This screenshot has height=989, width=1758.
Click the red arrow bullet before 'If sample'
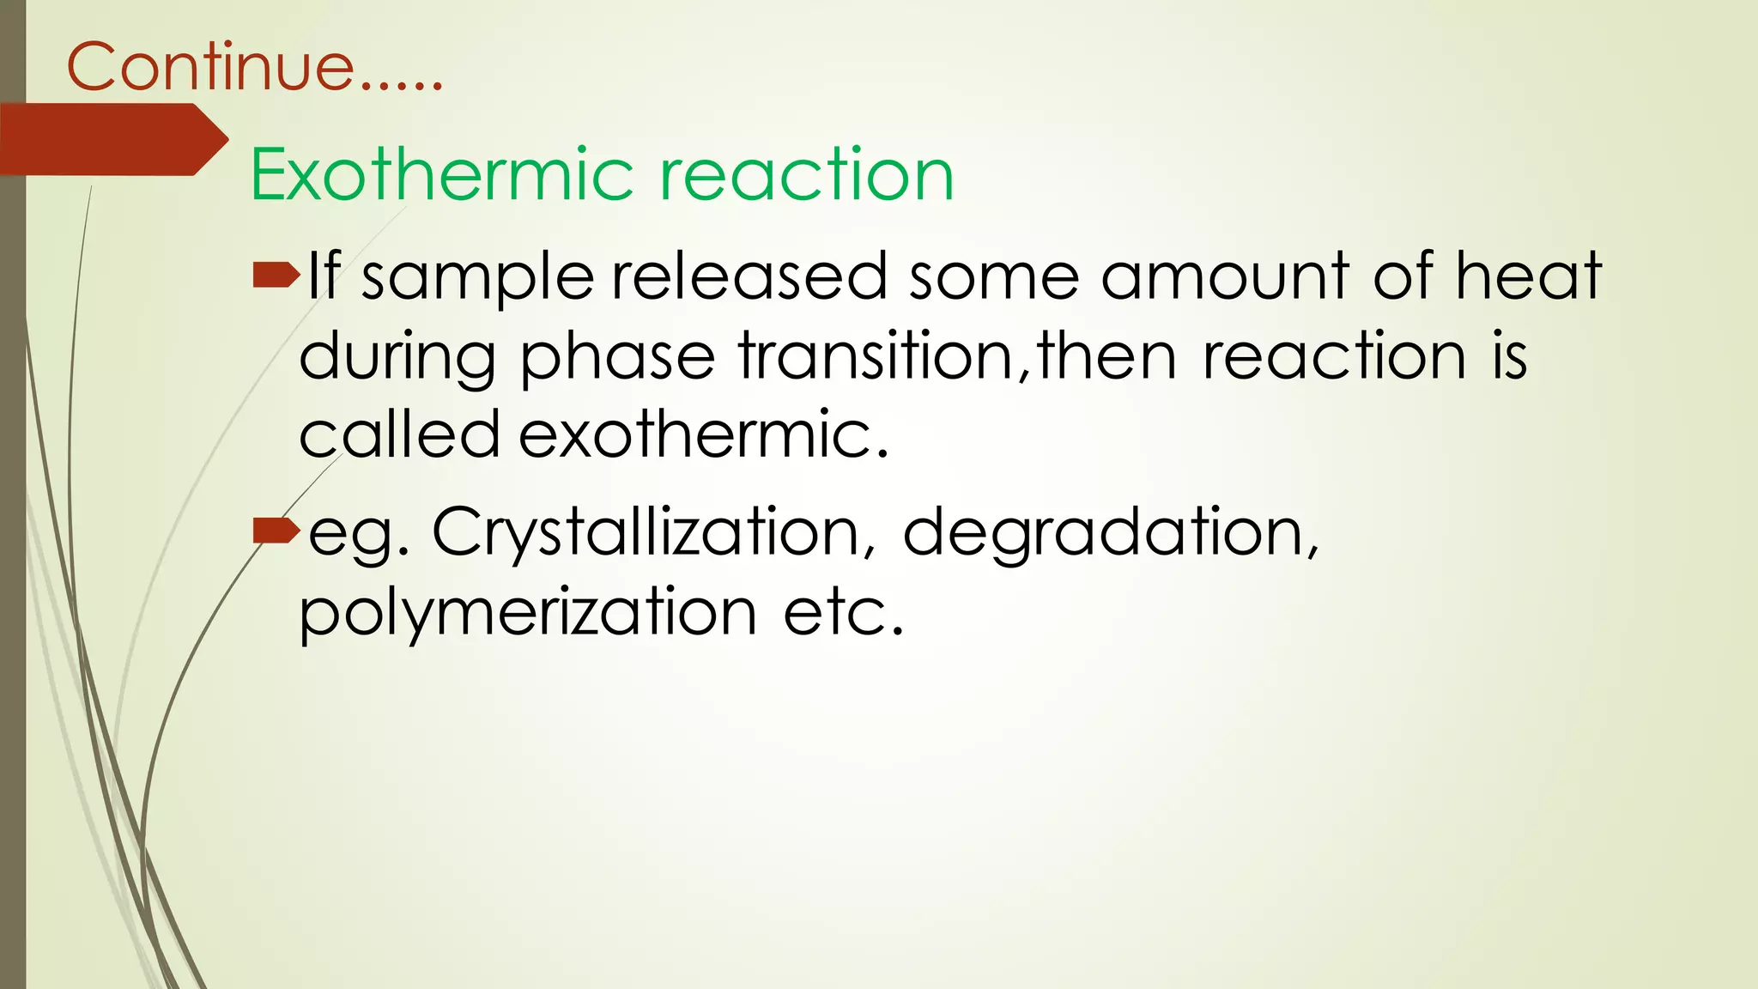276,276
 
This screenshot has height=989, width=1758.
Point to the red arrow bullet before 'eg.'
276,532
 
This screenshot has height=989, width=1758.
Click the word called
399,434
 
